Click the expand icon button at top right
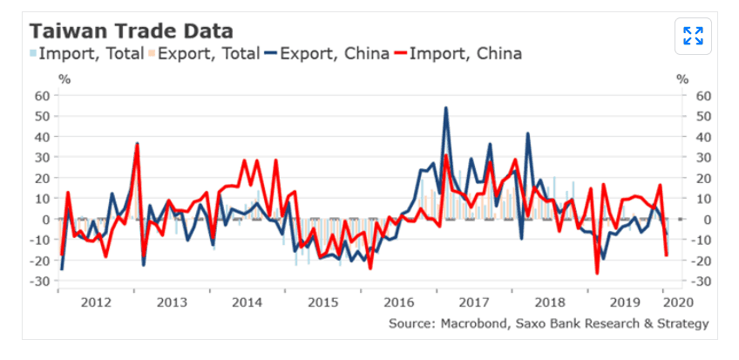[694, 36]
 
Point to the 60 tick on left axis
[41, 95]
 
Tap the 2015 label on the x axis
[323, 302]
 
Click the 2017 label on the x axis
[474, 302]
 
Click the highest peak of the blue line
[446, 108]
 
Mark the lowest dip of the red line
[597, 273]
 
